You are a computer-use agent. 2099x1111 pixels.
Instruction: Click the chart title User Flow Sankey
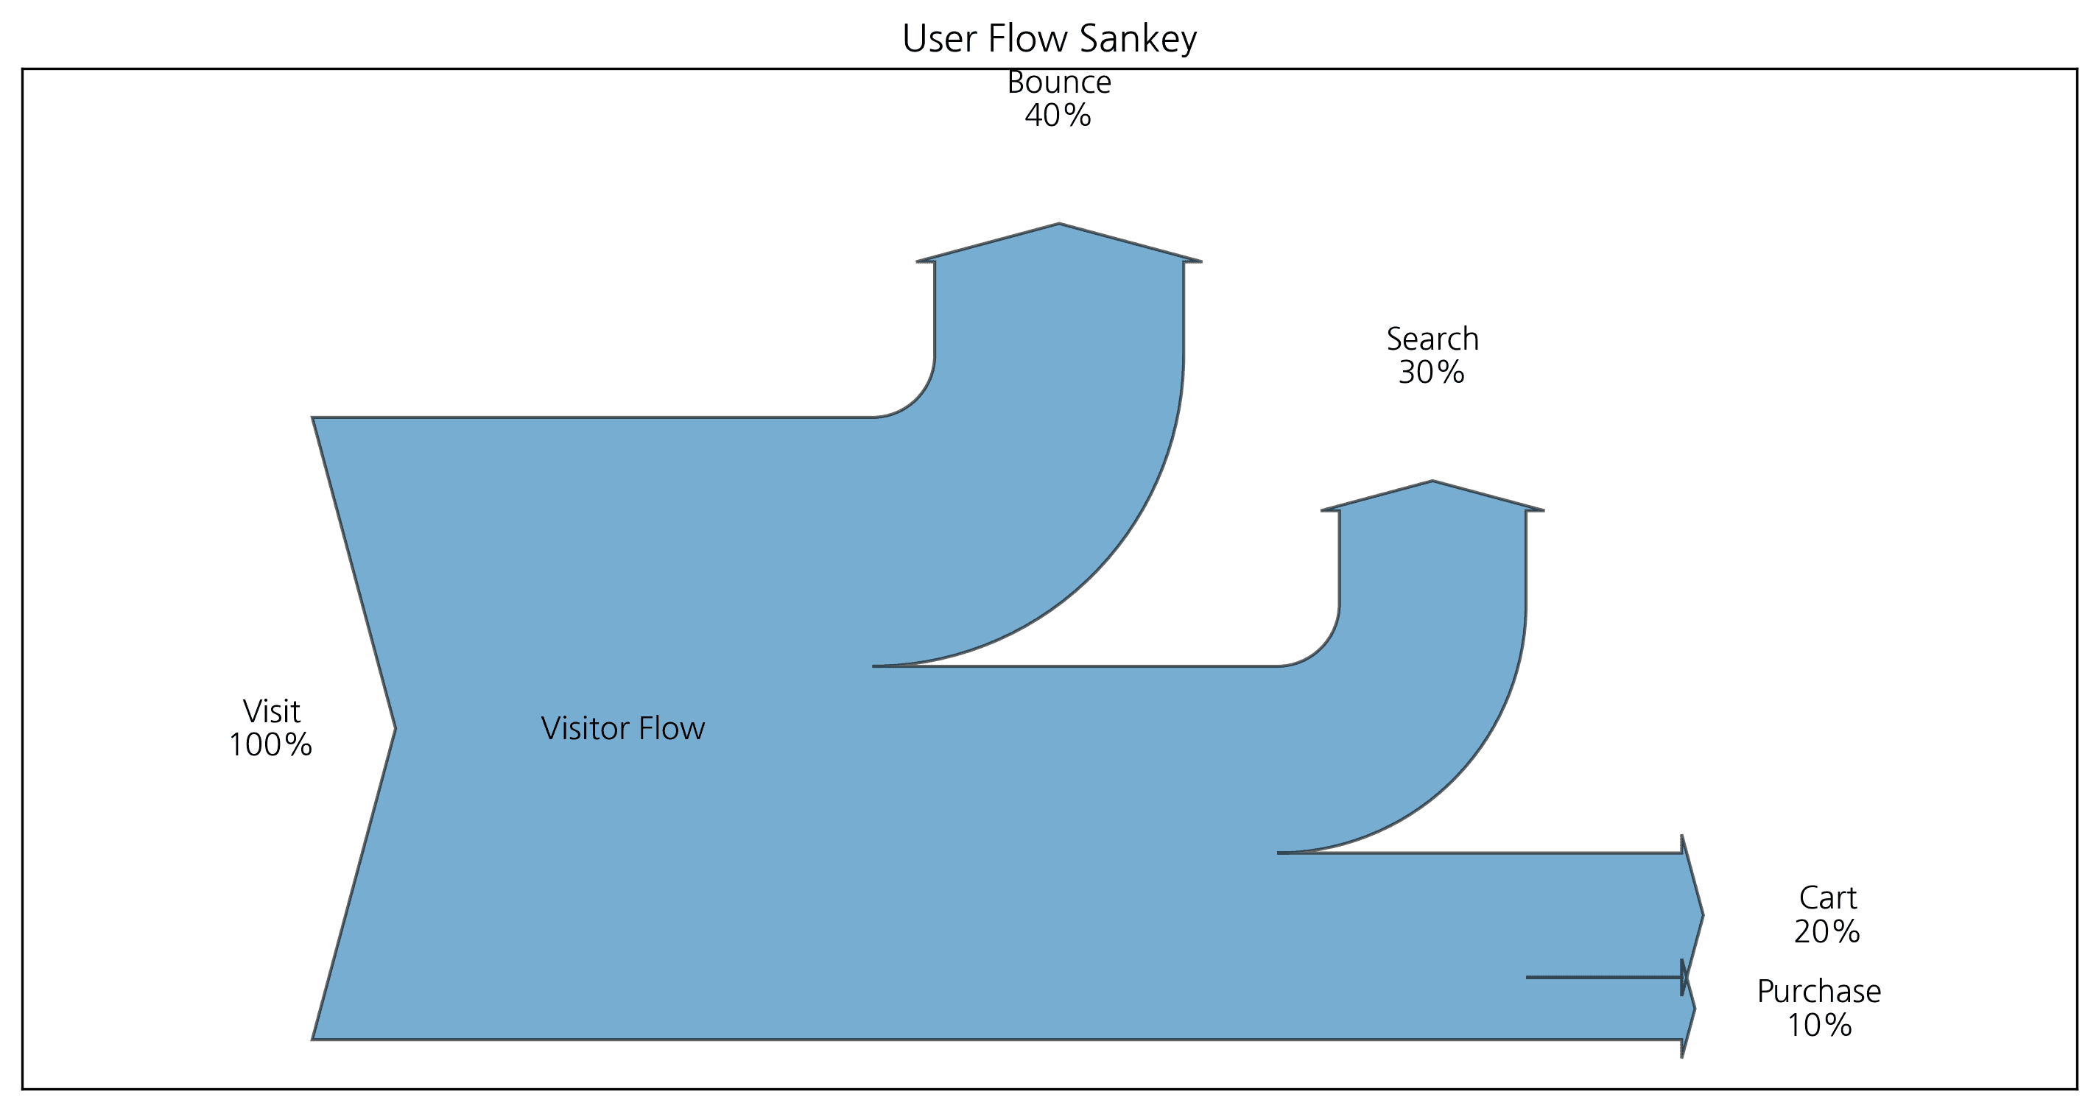(x=1049, y=38)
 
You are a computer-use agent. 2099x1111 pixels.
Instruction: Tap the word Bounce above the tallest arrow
(x=1058, y=82)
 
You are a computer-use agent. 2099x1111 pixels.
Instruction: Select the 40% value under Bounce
(x=1058, y=116)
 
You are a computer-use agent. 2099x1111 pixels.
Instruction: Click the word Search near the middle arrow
(x=1432, y=339)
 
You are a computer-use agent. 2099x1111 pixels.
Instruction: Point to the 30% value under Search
(x=1431, y=373)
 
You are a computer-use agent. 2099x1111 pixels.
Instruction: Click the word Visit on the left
(x=271, y=711)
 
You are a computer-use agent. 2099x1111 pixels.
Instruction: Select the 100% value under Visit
(x=270, y=744)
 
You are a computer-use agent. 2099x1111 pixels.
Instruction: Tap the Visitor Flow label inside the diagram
(x=622, y=728)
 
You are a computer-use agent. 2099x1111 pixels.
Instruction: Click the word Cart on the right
(x=1828, y=897)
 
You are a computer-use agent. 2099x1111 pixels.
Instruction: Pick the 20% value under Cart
(x=1826, y=931)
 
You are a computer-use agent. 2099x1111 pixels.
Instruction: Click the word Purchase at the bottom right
(x=1818, y=991)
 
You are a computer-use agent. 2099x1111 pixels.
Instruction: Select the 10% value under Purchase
(x=1818, y=1025)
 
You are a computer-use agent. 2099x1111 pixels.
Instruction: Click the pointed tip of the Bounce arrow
(x=1058, y=225)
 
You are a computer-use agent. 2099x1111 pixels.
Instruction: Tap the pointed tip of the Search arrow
(x=1432, y=482)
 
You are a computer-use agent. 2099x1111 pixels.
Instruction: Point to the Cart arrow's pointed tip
(x=1701, y=914)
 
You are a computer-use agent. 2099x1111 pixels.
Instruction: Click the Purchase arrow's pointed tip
(x=1694, y=1009)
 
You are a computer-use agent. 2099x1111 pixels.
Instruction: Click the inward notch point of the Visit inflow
(x=393, y=728)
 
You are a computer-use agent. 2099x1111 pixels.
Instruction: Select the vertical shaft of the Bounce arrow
(x=1058, y=326)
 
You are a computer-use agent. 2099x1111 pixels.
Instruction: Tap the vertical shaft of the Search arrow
(x=1432, y=570)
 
